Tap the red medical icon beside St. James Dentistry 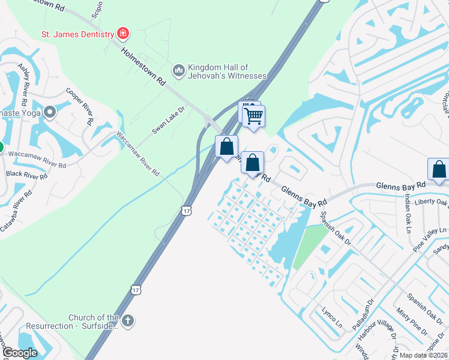(x=123, y=32)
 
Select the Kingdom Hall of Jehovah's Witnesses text (x=227, y=71)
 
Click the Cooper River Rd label (x=80, y=106)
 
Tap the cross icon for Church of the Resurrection (x=127, y=322)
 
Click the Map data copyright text (x=423, y=355)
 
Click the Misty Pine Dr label (x=411, y=323)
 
